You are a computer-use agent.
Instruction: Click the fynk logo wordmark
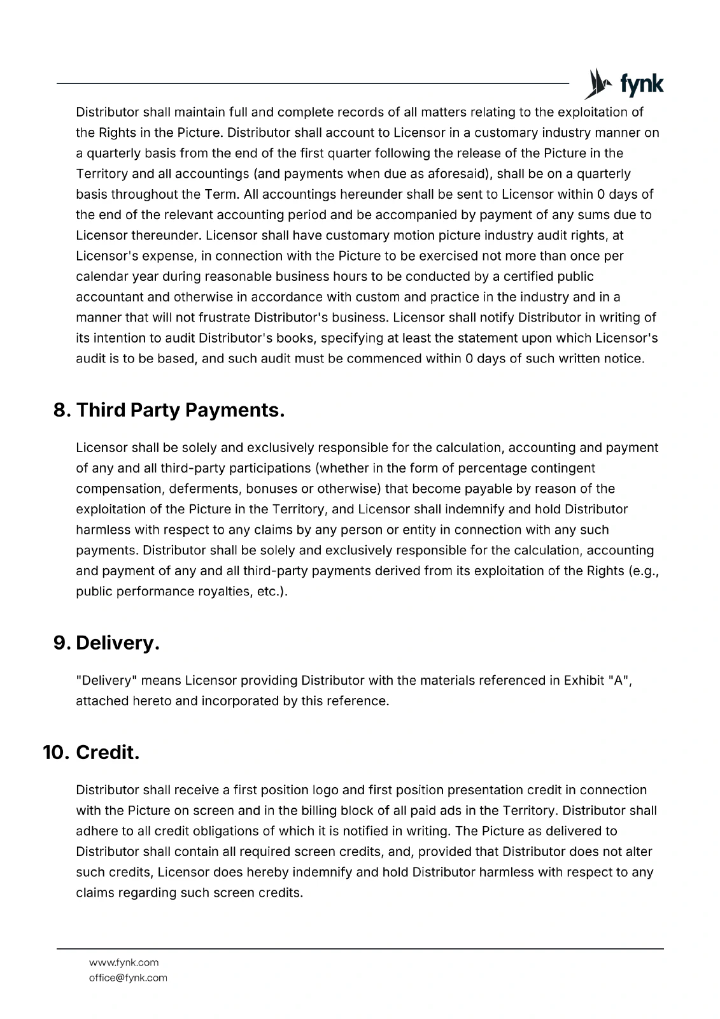[642, 85]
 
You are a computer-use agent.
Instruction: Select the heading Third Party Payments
[180, 410]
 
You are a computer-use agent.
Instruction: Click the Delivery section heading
[117, 643]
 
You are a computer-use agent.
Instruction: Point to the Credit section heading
[107, 753]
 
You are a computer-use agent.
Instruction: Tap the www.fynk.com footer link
[124, 962]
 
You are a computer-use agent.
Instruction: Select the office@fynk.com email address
[128, 978]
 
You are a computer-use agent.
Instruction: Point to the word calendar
[100, 276]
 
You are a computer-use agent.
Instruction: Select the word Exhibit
[584, 680]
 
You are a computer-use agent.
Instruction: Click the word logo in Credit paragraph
[325, 790]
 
